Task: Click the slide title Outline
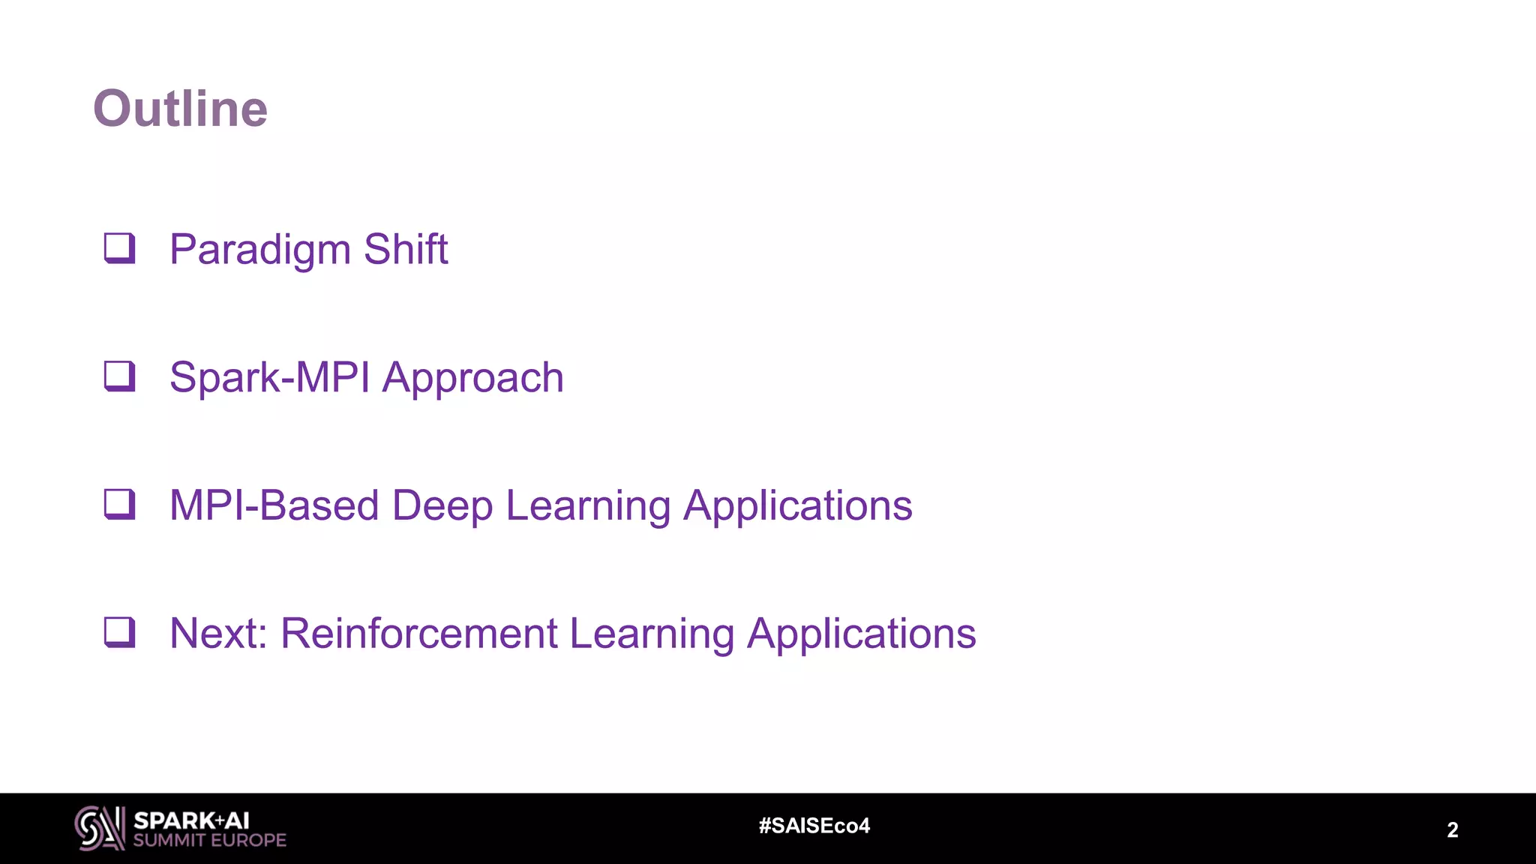point(180,109)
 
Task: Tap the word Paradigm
point(259,250)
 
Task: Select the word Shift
point(406,249)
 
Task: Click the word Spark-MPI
point(269,377)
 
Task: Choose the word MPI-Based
point(274,505)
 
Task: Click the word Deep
point(442,506)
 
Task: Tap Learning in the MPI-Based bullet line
point(588,506)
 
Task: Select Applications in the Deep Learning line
point(798,506)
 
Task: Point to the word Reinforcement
point(418,633)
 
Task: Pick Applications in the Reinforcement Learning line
point(862,634)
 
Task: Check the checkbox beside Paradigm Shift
point(119,248)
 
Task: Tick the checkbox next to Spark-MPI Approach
point(119,376)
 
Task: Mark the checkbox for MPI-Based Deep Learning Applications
point(119,504)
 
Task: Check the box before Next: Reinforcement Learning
point(119,632)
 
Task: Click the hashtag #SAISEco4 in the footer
point(814,826)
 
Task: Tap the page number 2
point(1452,829)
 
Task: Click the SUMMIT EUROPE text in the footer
point(210,840)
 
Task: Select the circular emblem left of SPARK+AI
point(99,828)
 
